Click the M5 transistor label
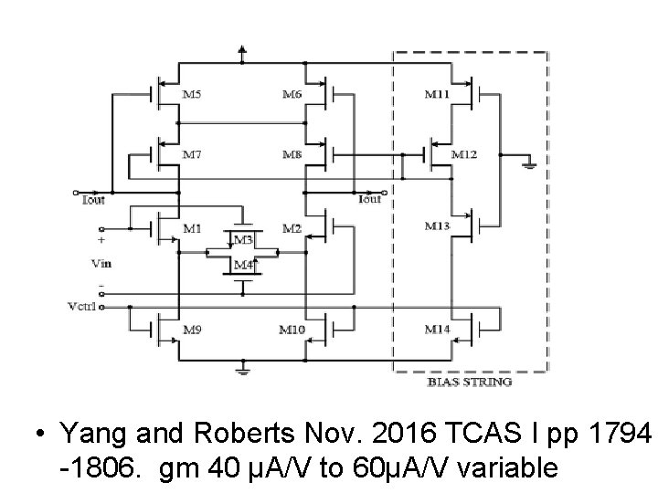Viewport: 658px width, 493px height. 193,94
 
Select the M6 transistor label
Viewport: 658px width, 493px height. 292,94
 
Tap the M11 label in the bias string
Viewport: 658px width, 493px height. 436,94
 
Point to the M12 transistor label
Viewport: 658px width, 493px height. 464,155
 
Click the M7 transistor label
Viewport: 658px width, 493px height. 193,155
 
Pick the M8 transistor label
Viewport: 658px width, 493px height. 292,155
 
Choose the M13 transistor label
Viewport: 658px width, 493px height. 436,226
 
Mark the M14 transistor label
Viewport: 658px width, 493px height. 436,328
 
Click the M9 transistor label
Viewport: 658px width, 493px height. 193,328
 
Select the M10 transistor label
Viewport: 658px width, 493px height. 292,328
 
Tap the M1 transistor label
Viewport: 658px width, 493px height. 193,227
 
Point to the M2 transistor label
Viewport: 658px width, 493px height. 292,227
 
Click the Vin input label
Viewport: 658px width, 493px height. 101,262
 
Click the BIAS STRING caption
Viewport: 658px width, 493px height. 470,383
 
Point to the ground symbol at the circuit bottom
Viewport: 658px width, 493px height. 241,370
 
